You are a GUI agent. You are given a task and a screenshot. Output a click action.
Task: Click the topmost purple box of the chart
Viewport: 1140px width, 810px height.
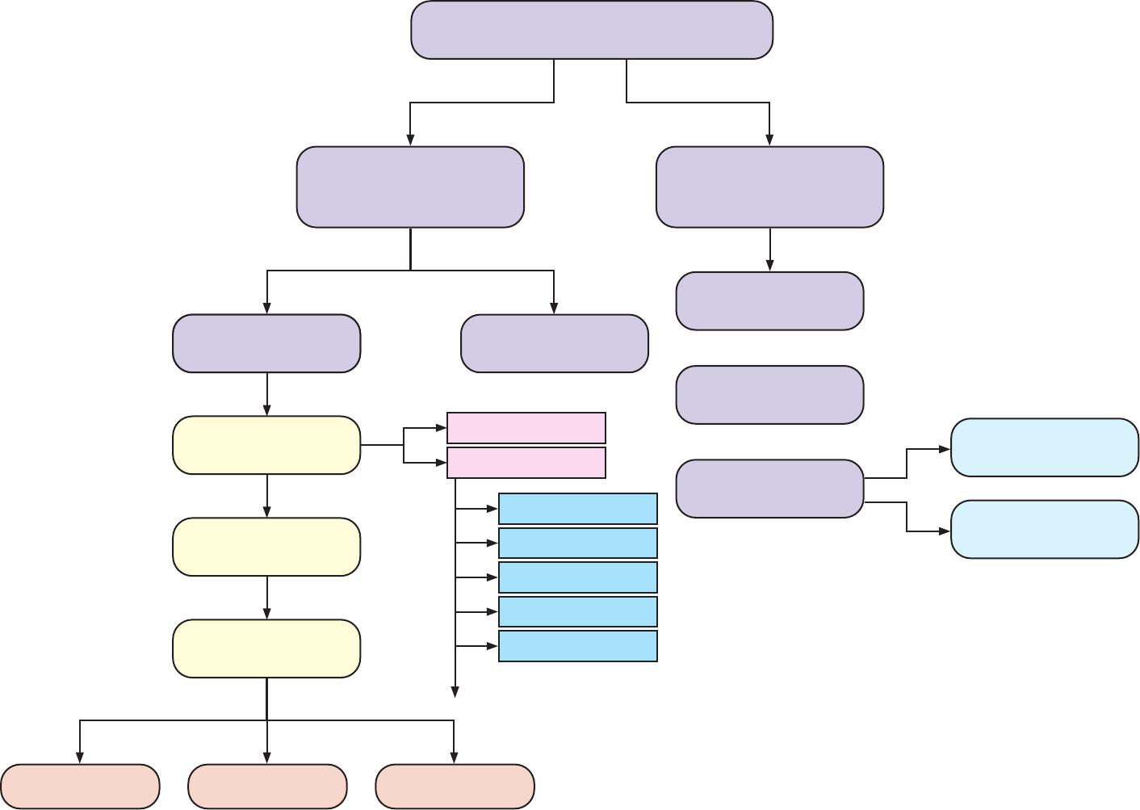592,30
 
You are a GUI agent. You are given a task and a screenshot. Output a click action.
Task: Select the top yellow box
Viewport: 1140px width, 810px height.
266,445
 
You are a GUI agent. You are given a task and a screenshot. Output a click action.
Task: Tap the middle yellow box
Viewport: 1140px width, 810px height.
266,547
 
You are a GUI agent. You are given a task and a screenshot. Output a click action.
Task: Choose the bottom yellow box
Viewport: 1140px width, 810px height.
266,648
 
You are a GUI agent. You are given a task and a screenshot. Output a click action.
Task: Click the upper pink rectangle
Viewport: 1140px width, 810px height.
526,428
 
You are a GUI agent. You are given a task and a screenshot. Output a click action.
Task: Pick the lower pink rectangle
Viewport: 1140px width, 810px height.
526,463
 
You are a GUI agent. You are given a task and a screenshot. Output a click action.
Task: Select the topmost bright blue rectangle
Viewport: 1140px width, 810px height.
578,509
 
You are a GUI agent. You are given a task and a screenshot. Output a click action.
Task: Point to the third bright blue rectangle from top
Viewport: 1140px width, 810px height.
578,577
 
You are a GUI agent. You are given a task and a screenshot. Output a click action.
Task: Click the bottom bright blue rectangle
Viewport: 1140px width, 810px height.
578,646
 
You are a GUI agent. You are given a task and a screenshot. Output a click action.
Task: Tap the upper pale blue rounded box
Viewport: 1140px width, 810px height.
1045,447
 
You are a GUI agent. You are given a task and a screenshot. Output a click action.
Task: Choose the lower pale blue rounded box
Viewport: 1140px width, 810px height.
1045,529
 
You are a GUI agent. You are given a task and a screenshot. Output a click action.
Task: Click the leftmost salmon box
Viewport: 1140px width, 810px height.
80,786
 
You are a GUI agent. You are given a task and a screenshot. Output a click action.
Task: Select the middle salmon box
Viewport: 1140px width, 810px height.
267,786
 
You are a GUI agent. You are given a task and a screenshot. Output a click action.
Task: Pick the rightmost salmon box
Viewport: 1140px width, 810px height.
455,786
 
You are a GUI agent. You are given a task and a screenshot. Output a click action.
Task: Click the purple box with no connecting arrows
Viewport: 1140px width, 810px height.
769,395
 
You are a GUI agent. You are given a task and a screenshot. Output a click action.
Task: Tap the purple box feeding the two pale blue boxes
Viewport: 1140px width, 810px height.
769,489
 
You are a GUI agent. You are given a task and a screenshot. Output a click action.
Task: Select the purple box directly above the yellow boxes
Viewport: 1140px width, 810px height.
266,343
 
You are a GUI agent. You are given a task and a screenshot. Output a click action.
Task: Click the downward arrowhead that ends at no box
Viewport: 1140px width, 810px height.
455,691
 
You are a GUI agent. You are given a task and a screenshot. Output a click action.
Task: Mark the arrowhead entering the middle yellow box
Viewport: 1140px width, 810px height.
267,512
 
